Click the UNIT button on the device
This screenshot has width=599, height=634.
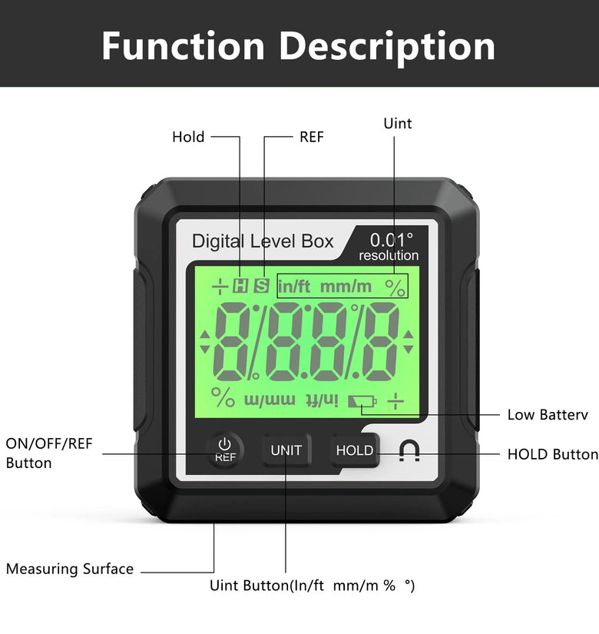[286, 450]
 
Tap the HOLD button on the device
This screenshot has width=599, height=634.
[355, 450]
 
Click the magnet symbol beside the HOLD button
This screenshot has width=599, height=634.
[409, 450]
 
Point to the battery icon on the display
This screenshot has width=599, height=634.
[362, 401]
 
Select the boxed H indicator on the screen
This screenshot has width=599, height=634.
[240, 286]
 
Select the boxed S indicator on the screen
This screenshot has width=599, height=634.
[262, 286]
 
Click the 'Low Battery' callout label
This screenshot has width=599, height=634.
[548, 415]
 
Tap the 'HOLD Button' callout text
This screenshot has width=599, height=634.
[552, 454]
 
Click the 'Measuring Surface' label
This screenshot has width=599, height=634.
[70, 569]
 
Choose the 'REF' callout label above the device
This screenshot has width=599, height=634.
[312, 137]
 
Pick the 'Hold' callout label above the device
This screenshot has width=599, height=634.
[188, 137]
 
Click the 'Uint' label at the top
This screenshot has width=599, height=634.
[398, 123]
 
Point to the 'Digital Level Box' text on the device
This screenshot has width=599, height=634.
[263, 241]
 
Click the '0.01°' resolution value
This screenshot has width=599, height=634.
[391, 240]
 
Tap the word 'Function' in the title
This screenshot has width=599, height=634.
[183, 46]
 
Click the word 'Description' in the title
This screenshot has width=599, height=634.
[387, 48]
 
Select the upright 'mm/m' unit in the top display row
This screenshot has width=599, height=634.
[346, 287]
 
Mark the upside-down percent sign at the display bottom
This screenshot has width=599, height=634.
[223, 397]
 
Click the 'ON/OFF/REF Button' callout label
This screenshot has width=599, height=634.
[49, 453]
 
